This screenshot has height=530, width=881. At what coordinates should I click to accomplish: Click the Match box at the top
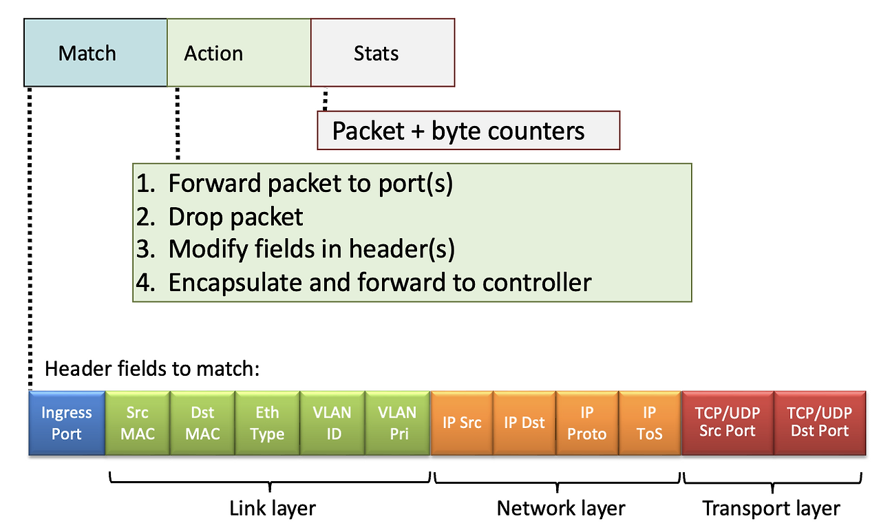tap(96, 52)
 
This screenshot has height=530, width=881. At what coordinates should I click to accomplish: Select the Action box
tap(239, 52)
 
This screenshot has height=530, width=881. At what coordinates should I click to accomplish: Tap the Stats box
tap(383, 52)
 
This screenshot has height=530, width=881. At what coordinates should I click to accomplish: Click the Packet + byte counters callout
tap(469, 130)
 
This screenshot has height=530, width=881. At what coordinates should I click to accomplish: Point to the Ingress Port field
tap(67, 423)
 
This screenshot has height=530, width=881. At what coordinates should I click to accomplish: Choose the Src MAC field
tap(138, 423)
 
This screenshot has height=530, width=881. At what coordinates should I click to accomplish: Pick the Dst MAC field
tap(202, 423)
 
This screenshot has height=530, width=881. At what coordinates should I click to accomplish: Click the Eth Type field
tap(268, 423)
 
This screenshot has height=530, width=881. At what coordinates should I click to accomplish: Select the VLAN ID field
tap(332, 423)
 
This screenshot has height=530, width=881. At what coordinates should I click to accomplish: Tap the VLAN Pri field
tap(398, 423)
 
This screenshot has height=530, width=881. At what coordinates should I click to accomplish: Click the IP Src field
tap(462, 423)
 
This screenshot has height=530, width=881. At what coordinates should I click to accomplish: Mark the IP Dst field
tap(524, 423)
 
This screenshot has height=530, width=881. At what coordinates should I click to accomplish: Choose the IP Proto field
tap(587, 423)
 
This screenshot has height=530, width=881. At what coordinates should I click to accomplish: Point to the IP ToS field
tap(650, 423)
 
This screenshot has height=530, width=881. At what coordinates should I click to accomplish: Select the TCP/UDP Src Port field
tap(728, 423)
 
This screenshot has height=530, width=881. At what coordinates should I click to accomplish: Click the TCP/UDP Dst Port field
tap(820, 423)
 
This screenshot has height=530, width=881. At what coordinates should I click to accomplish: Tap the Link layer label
tap(273, 509)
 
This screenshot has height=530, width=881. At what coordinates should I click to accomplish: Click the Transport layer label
tap(772, 509)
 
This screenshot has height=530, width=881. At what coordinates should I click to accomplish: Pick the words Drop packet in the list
tap(235, 217)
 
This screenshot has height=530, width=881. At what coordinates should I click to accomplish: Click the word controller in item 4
tap(537, 282)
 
